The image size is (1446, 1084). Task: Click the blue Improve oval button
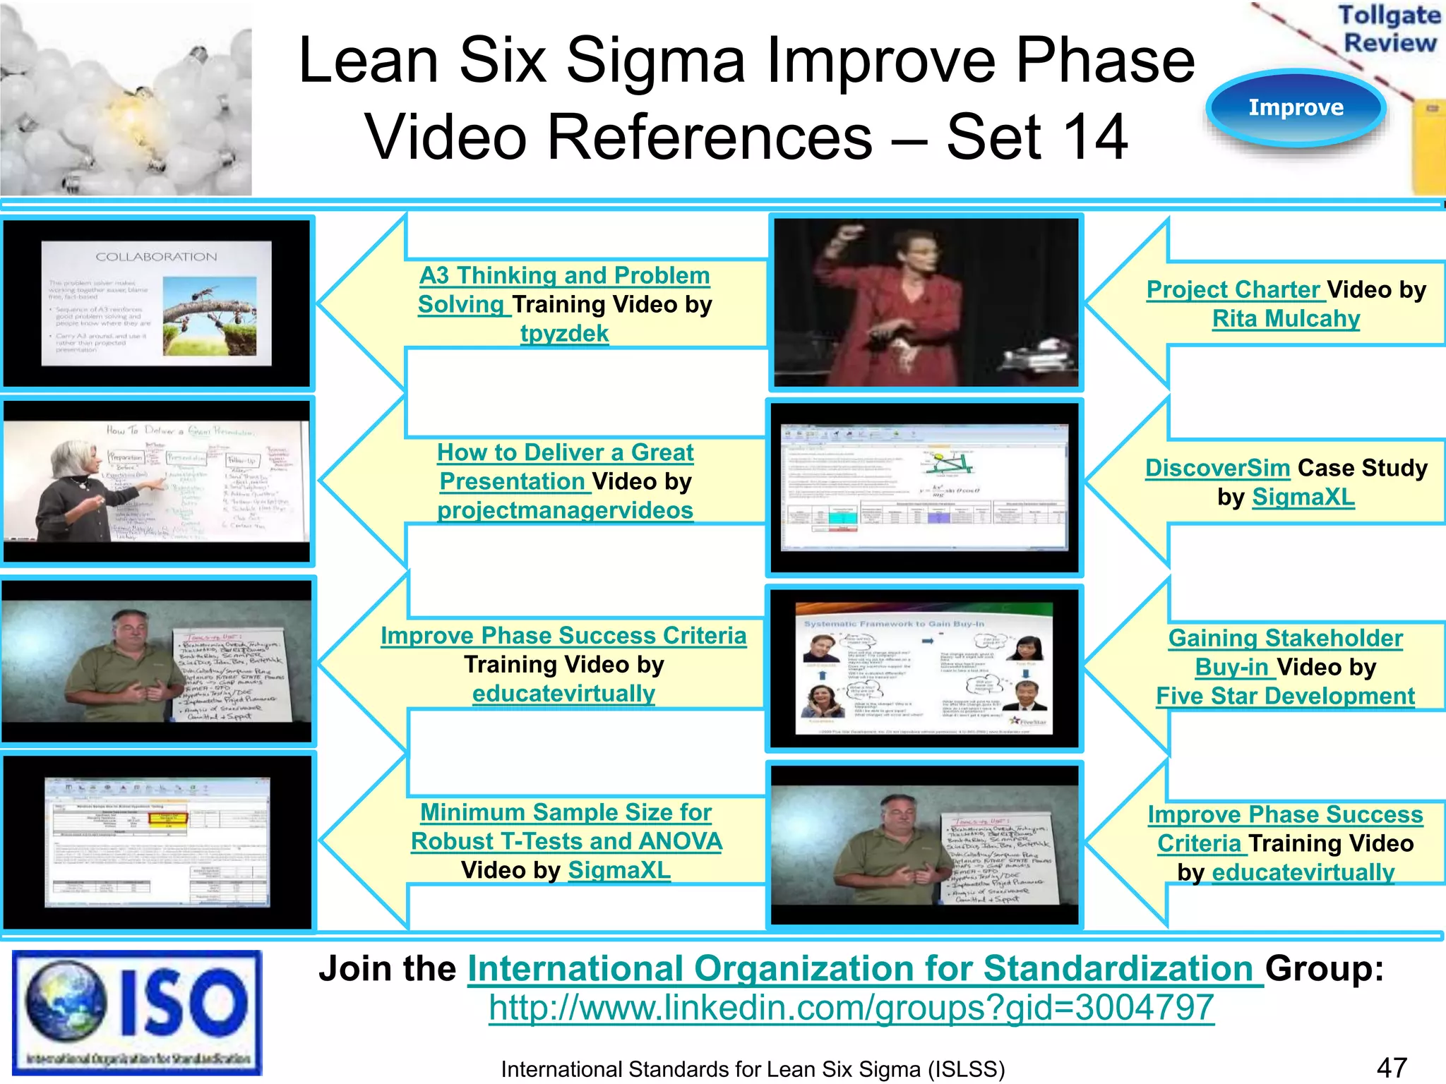click(1296, 108)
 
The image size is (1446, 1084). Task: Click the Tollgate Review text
click(1389, 29)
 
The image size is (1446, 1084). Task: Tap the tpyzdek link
click(564, 333)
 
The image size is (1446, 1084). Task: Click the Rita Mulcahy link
click(1286, 319)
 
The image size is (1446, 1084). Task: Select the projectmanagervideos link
click(565, 510)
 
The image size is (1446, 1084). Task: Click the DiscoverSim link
click(1217, 468)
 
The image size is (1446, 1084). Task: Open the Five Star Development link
click(1285, 697)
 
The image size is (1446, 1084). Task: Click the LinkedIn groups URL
click(851, 1008)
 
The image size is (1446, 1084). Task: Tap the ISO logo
click(137, 1012)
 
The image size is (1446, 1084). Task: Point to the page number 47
click(1392, 1068)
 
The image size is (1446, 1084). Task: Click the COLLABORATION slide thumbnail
click(157, 303)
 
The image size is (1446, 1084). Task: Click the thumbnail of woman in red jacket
click(926, 303)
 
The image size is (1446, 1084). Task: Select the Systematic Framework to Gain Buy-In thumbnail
click(924, 668)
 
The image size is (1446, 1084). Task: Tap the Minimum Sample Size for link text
click(566, 812)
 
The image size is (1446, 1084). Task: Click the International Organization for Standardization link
click(865, 969)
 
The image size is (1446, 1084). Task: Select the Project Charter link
click(1233, 290)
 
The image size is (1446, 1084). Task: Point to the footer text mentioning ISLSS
click(753, 1069)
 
